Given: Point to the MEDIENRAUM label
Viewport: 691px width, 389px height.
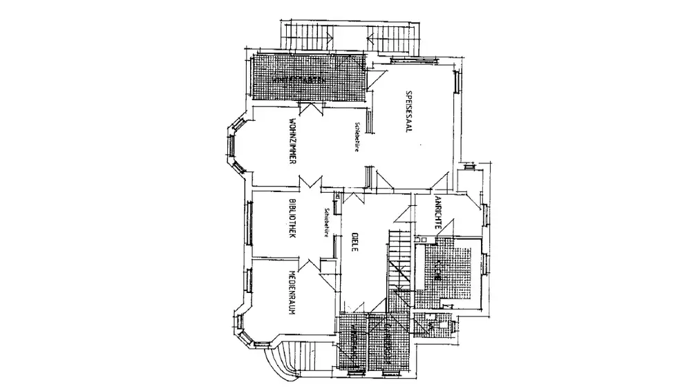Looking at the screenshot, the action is point(293,292).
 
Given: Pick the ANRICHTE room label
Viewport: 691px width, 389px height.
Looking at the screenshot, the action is point(438,216).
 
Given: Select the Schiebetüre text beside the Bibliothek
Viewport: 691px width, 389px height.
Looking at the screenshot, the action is point(324,222).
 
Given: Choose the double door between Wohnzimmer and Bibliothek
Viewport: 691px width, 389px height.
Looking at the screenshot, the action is point(309,184).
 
